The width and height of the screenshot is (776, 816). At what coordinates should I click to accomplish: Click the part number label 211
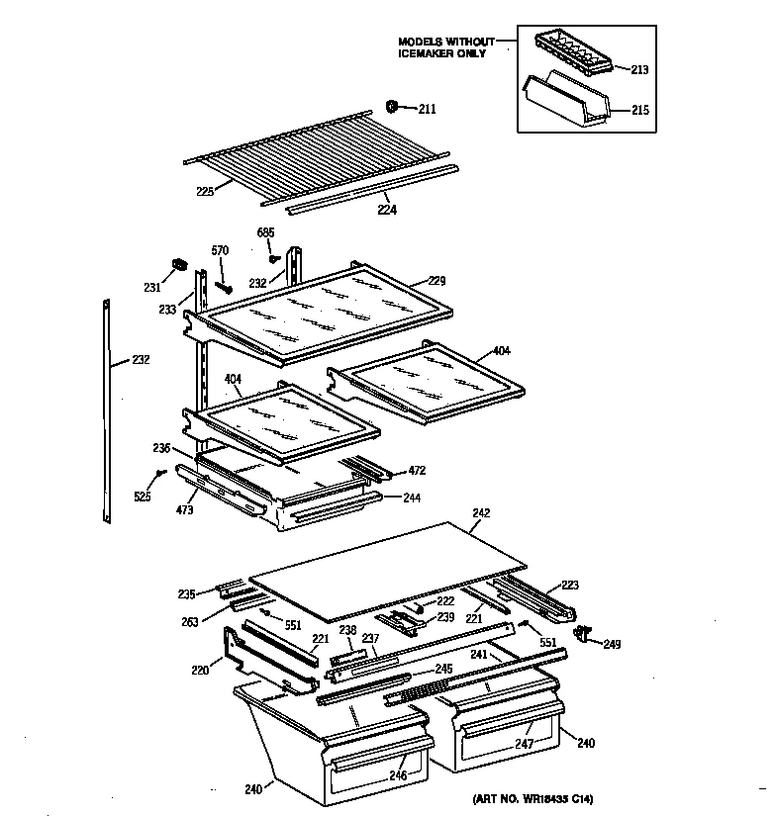[x=427, y=109]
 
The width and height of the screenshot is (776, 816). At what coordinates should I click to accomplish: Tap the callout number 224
[x=383, y=210]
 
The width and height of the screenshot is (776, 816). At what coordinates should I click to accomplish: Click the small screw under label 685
[x=273, y=258]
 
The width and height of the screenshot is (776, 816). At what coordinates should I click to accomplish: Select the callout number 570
[x=220, y=250]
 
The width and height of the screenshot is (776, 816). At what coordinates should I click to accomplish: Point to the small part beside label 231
[x=180, y=265]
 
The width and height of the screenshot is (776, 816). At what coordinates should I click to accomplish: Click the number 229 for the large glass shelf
[x=436, y=282]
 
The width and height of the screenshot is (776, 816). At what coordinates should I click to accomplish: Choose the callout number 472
[x=417, y=472]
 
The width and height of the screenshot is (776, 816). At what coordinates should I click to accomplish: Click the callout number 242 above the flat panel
[x=481, y=513]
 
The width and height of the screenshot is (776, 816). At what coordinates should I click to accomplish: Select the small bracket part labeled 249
[x=582, y=632]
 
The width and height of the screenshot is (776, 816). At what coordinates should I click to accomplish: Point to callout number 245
[x=443, y=669]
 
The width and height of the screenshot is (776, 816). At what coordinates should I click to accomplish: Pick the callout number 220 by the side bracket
[x=201, y=671]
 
